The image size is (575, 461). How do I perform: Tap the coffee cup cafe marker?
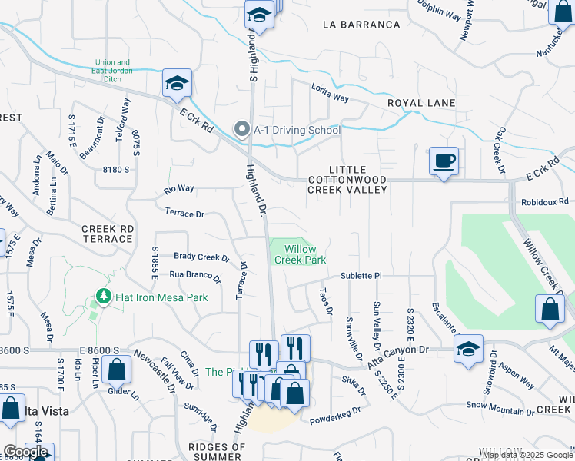pyautogui.click(x=444, y=162)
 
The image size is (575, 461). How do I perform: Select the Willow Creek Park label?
pyautogui.click(x=300, y=254)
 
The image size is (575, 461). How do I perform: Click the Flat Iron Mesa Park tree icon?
pyautogui.click(x=102, y=297)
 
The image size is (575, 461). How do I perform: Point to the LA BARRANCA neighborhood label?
pyautogui.click(x=361, y=25)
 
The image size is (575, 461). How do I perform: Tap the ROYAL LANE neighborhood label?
pyautogui.click(x=420, y=103)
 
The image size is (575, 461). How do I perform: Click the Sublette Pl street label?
pyautogui.click(x=361, y=275)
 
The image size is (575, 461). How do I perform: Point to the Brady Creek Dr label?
pyautogui.click(x=201, y=257)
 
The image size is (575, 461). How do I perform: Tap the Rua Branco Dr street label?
pyautogui.click(x=194, y=275)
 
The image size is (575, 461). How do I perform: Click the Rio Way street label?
pyautogui.click(x=179, y=188)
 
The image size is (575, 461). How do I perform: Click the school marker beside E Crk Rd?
pyautogui.click(x=177, y=85)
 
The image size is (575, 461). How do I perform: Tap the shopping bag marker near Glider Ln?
pyautogui.click(x=115, y=371)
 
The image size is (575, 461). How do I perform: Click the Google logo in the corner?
pyautogui.click(x=25, y=452)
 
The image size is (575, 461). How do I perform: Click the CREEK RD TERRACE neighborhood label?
pyautogui.click(x=108, y=234)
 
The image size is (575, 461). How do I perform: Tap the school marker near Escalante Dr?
pyautogui.click(x=468, y=350)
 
